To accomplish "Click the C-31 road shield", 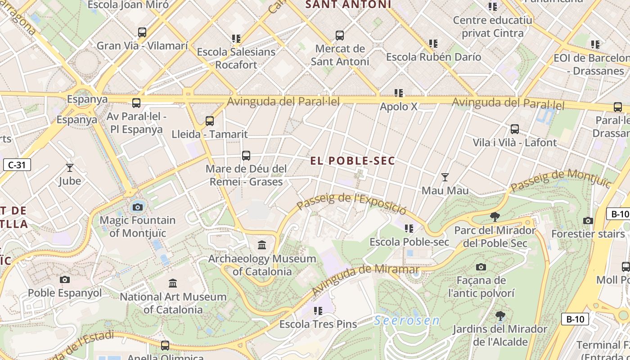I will pyautogui.click(x=17, y=165).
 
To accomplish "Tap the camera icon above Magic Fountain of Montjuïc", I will pyautogui.click(x=138, y=207).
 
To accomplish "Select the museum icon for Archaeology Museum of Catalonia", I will pyautogui.click(x=262, y=245).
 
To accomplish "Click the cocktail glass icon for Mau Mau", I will pyautogui.click(x=445, y=177).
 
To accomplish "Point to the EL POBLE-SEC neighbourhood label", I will pyautogui.click(x=353, y=161).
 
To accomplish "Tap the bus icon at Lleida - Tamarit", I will pyautogui.click(x=210, y=121).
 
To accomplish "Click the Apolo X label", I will pyautogui.click(x=399, y=107).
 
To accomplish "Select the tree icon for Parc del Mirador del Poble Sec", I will pyautogui.click(x=495, y=217).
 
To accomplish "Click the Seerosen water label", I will pyautogui.click(x=407, y=320).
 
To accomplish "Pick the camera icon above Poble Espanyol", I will pyautogui.click(x=65, y=279).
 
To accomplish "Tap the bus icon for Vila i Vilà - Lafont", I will pyautogui.click(x=515, y=129).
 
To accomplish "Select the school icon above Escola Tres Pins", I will pyautogui.click(x=318, y=311).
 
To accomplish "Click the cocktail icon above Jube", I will pyautogui.click(x=70, y=168).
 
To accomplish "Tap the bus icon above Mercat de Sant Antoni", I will pyautogui.click(x=340, y=35).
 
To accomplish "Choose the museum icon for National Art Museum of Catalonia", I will pyautogui.click(x=173, y=283).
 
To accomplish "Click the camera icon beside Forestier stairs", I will pyautogui.click(x=588, y=220).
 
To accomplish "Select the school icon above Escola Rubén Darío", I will pyautogui.click(x=433, y=44).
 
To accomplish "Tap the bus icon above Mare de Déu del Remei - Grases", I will pyautogui.click(x=246, y=156).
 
